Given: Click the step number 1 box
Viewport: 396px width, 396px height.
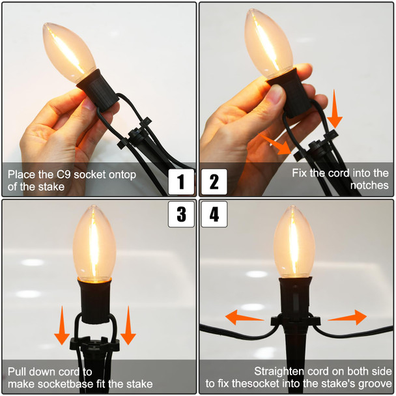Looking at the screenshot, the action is [181, 182].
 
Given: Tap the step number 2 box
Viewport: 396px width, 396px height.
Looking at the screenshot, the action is [214, 182].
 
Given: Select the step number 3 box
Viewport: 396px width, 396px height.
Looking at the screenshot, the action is [181, 214].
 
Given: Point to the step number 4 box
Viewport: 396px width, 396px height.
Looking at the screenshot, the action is [214, 214].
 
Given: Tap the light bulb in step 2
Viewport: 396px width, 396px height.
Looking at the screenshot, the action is [268, 43].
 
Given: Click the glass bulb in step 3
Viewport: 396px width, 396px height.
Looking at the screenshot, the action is [94, 243].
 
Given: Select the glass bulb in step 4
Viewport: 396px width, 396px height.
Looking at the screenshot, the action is [294, 242].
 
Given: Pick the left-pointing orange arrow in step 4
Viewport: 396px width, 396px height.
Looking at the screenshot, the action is [244, 317].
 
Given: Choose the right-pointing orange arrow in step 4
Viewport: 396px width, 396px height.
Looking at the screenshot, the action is [347, 317].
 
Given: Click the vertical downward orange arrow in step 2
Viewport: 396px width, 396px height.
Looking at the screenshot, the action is [334, 109].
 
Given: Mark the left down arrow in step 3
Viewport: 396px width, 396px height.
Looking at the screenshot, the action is [62, 325].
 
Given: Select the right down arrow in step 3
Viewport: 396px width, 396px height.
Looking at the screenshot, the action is [128, 325].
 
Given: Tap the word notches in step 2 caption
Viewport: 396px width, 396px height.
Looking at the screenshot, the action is [369, 186].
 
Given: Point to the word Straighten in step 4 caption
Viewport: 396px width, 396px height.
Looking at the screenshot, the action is [279, 371].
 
